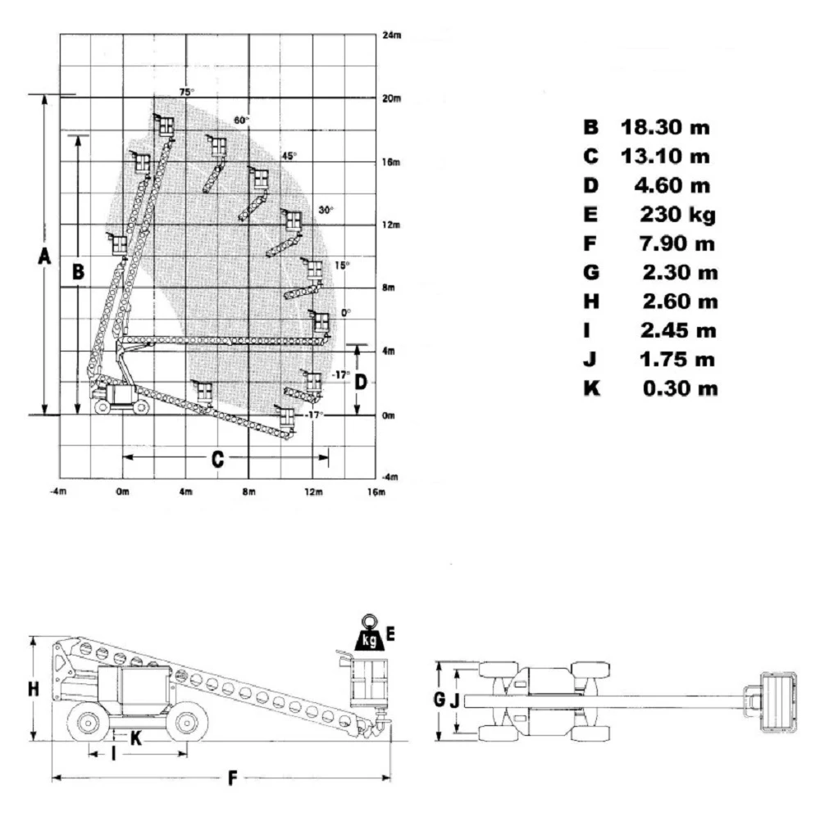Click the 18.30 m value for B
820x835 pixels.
point(665,128)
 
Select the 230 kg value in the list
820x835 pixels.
point(677,215)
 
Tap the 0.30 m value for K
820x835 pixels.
point(680,388)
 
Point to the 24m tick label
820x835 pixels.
point(392,35)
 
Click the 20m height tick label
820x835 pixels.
point(392,98)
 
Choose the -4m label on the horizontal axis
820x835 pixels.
point(58,491)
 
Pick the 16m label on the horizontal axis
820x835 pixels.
point(376,492)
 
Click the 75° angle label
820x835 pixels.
point(186,92)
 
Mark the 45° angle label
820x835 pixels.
point(289,156)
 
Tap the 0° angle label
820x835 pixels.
point(346,312)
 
